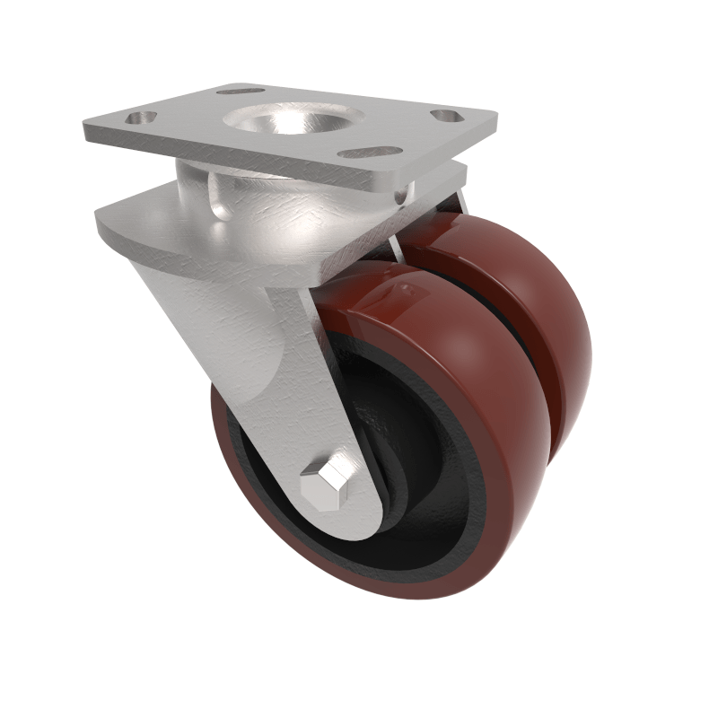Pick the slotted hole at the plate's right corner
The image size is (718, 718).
pyautogui.click(x=446, y=116)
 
